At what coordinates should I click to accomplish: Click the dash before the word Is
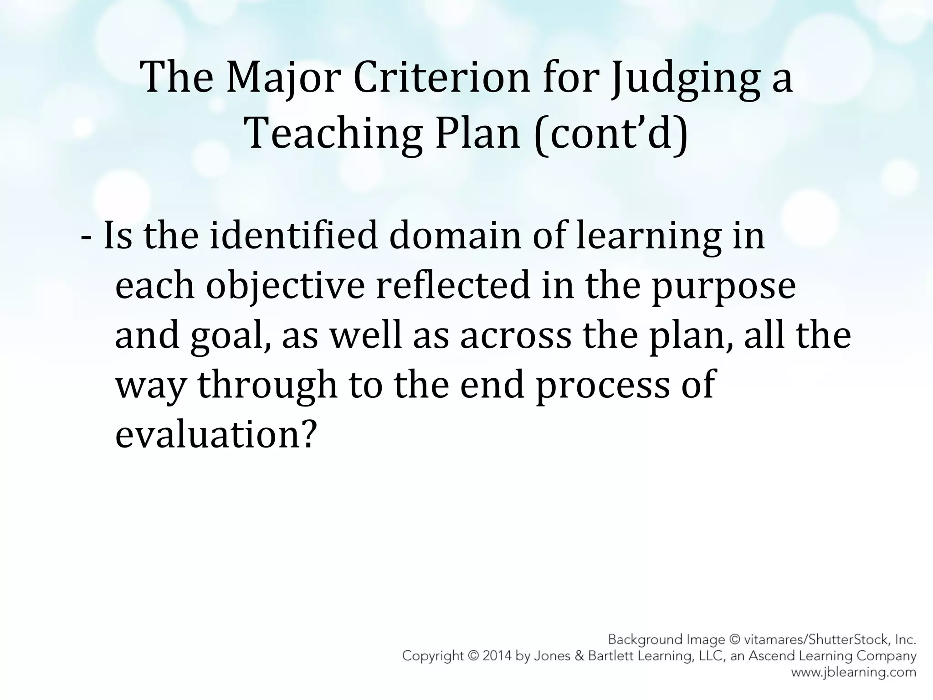point(85,237)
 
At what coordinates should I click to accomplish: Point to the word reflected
point(453,285)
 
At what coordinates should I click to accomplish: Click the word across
point(515,336)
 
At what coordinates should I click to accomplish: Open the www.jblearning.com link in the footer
point(853,672)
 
